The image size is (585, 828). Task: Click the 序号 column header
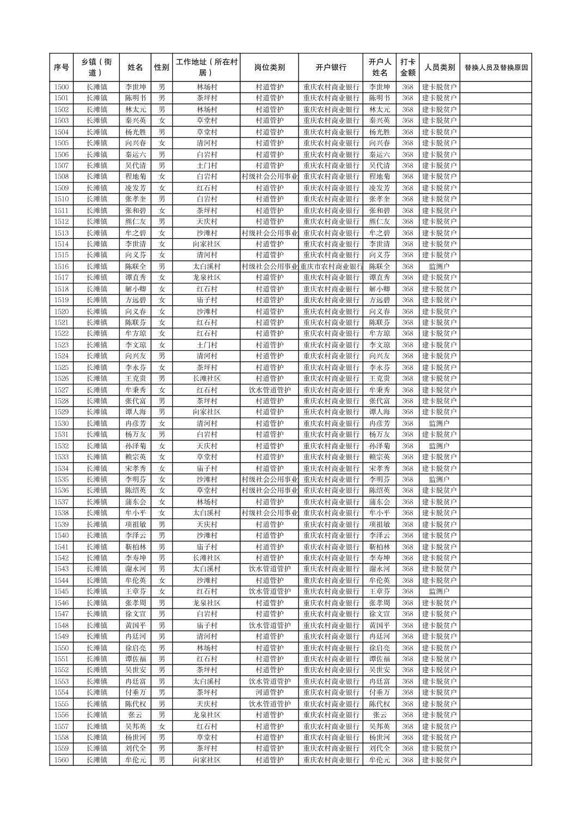62,68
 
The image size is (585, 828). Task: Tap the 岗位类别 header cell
269,68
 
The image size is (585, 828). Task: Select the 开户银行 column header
331,68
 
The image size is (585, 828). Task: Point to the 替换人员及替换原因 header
496,68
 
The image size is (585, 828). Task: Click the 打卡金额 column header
407,68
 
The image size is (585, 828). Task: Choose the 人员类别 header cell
439,68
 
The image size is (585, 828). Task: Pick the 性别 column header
161,68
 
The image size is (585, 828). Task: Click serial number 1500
62,87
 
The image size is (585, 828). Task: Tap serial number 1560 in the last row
62,760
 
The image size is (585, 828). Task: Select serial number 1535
62,479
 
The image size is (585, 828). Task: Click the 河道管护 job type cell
269,692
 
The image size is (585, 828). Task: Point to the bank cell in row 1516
331,266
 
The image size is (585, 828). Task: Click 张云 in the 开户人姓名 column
380,715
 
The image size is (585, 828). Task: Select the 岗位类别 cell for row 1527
269,390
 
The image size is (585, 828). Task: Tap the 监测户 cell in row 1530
439,423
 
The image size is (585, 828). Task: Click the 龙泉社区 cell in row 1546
206,603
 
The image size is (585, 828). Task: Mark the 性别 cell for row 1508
161,176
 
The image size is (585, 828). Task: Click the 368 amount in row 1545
407,592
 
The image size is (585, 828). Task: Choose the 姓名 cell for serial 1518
135,289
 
